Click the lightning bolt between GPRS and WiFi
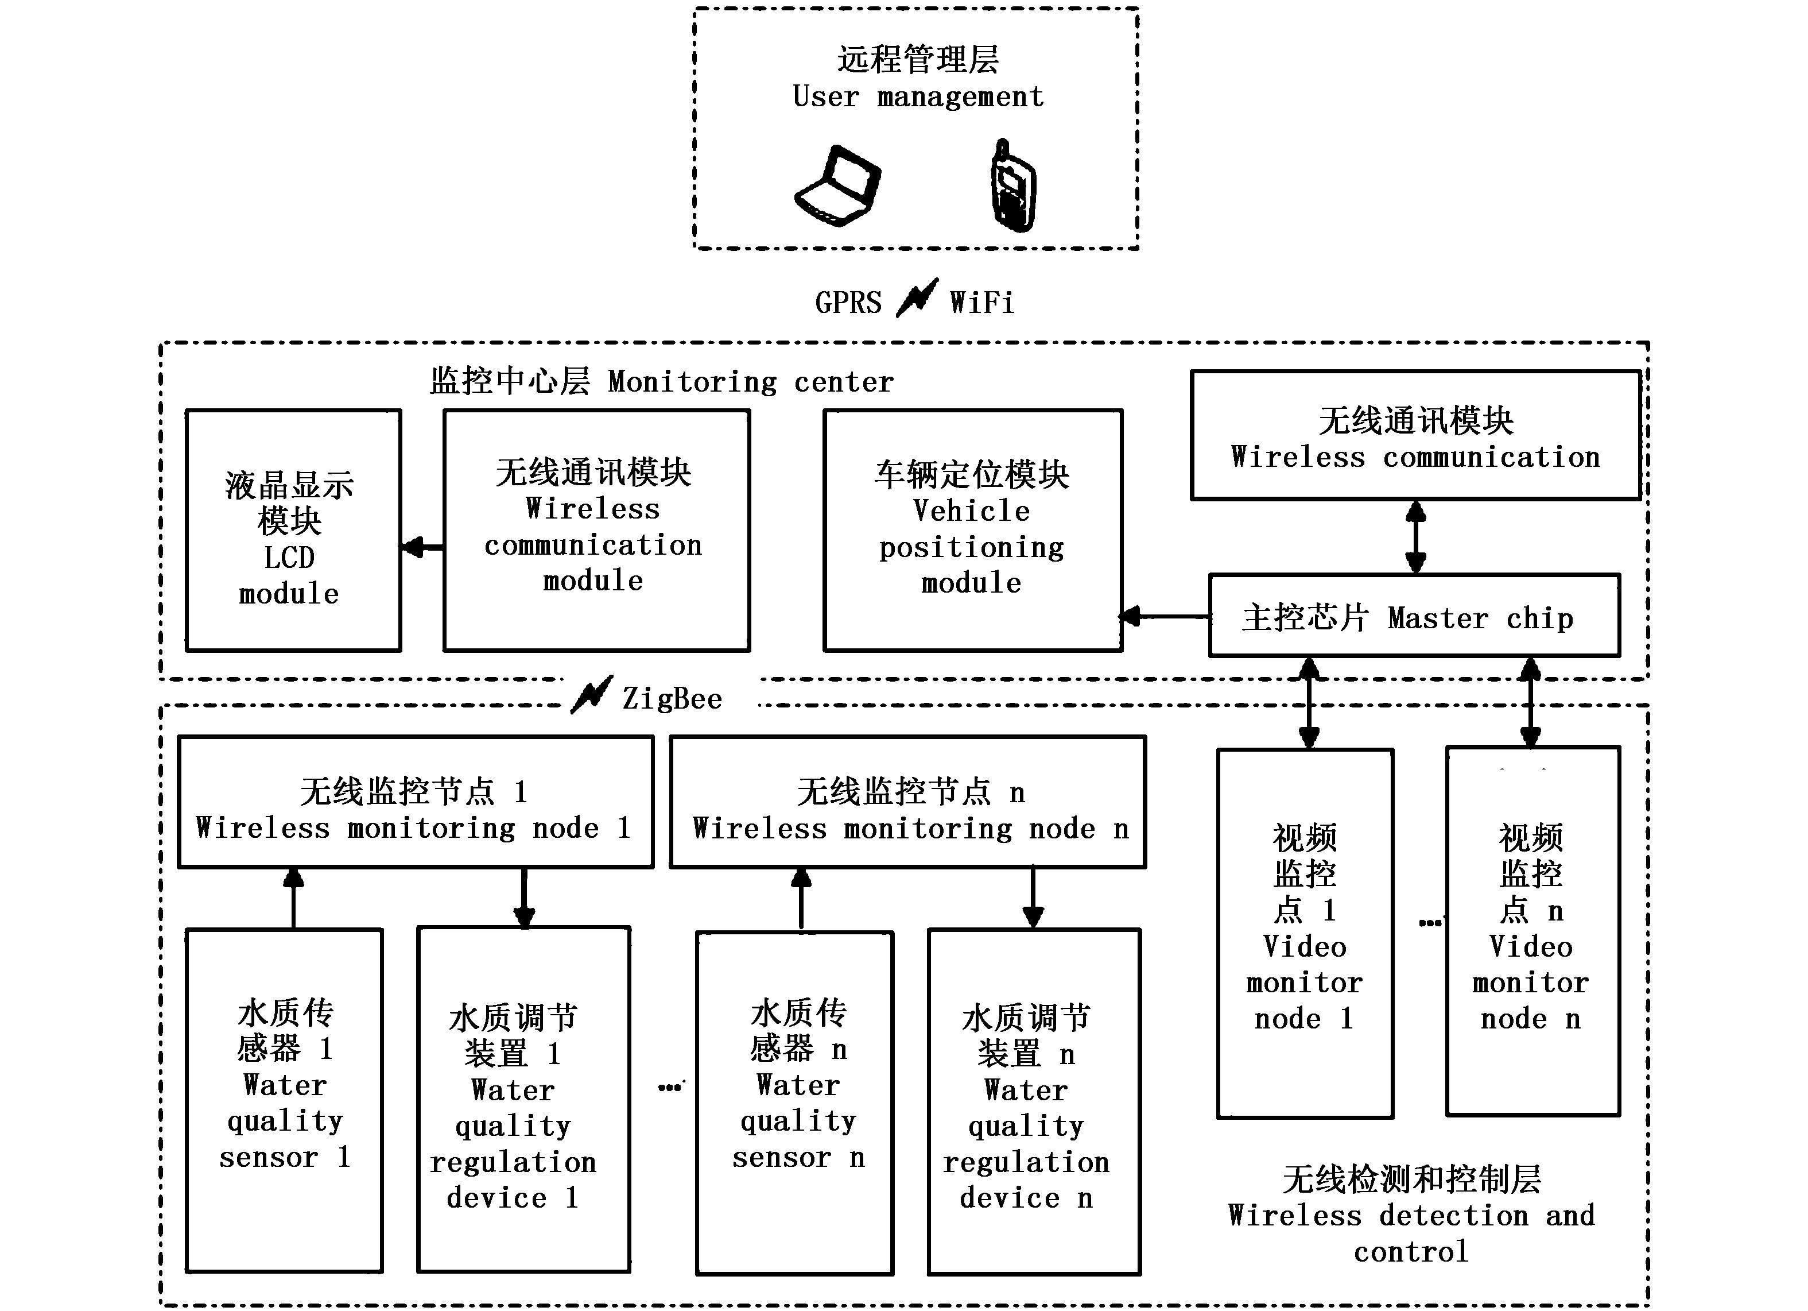[917, 298]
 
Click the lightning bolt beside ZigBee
[592, 695]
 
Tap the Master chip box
[1414, 616]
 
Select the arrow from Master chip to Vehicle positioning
[1166, 616]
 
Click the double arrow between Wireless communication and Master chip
[1416, 537]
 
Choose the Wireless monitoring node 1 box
[416, 802]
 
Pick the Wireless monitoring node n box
[908, 802]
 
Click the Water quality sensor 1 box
[285, 1100]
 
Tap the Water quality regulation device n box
[1034, 1101]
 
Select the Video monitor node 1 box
[1305, 933]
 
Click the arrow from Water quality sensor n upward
[801, 899]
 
